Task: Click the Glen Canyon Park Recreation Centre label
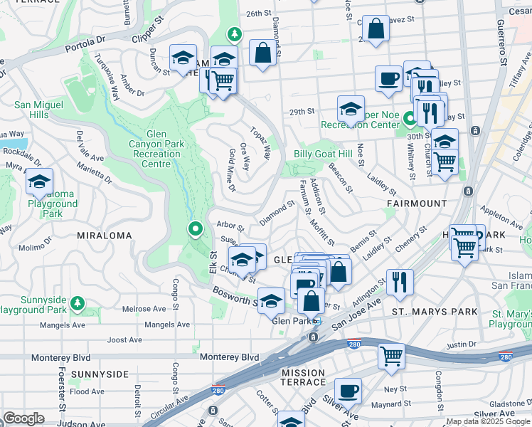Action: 155,149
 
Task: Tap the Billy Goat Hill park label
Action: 323,154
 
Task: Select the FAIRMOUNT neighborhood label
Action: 417,204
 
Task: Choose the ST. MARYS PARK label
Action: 424,311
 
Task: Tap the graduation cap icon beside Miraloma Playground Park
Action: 39,182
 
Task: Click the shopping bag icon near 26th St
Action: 376,29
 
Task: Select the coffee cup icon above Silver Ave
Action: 348,390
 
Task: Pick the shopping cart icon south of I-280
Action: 391,355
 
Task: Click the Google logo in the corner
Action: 23,418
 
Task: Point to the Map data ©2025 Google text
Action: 487,422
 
